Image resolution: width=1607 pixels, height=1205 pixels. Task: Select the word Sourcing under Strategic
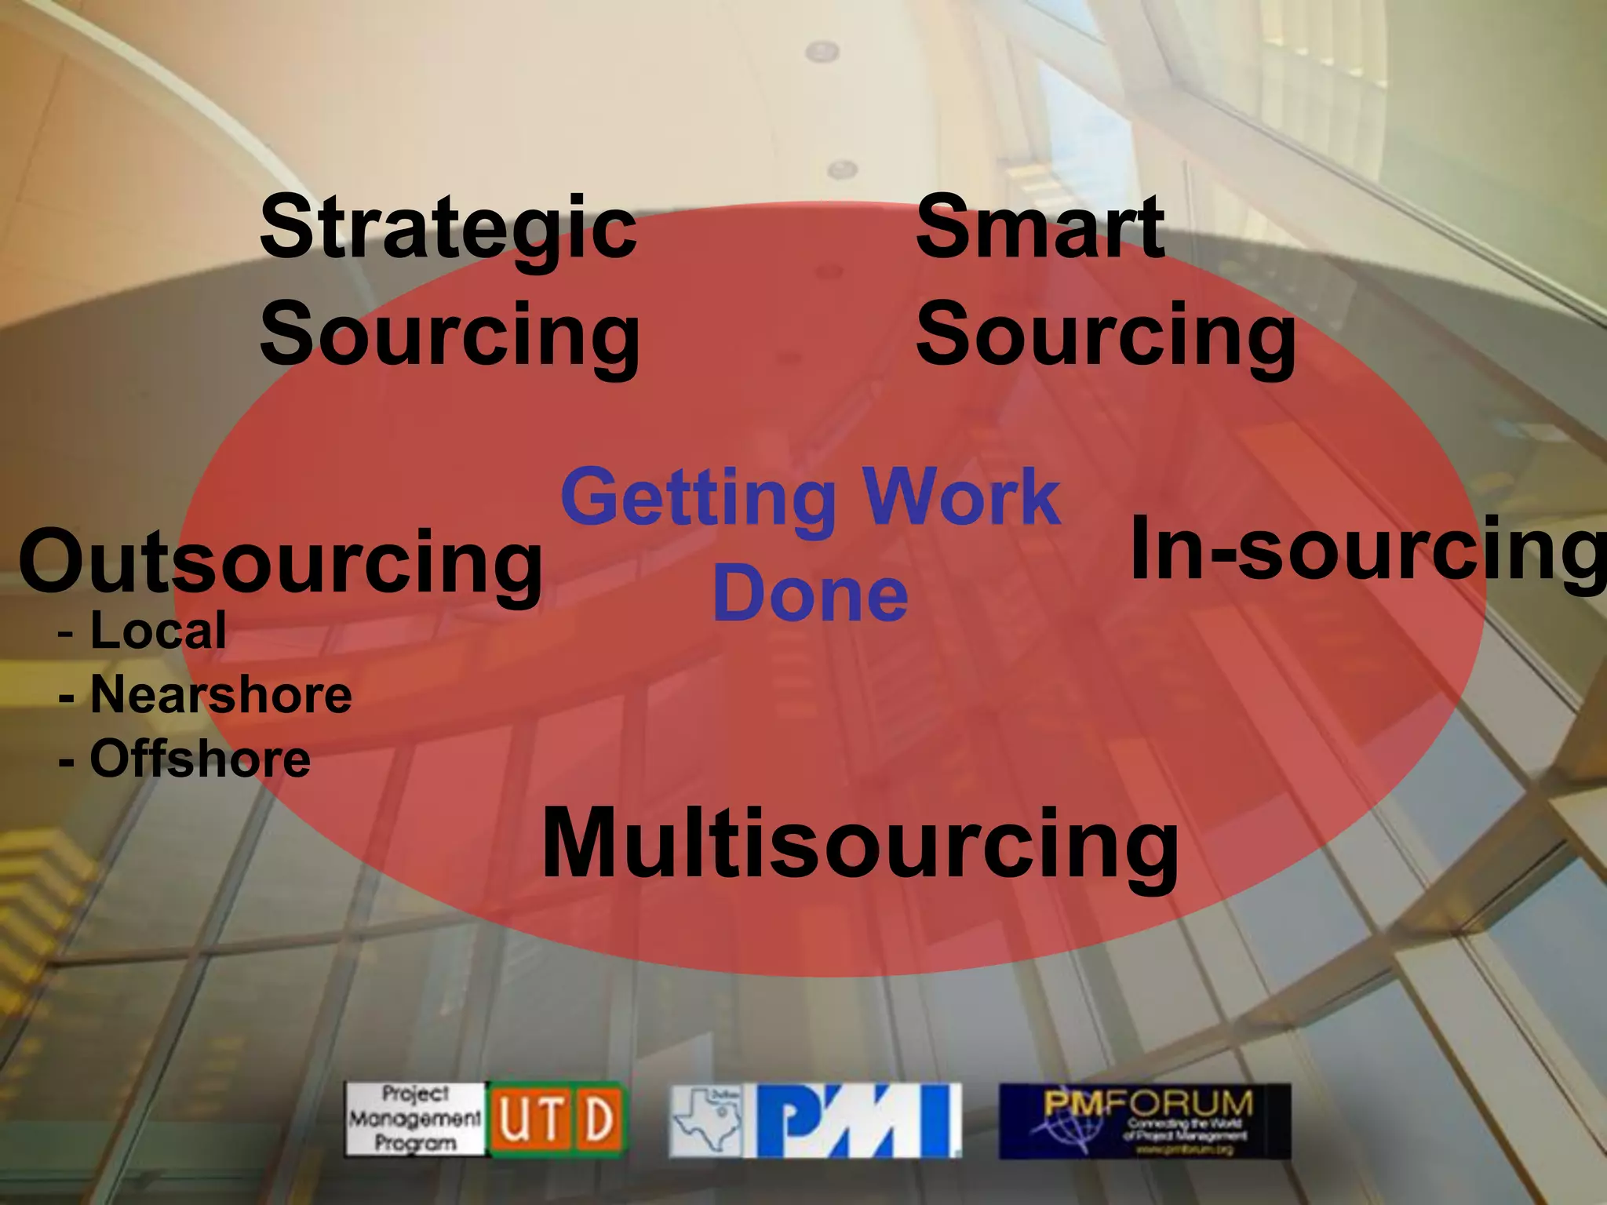[x=450, y=336]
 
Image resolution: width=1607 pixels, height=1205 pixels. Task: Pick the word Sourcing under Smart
[x=1106, y=336]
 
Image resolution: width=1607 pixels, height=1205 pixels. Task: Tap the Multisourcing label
[x=859, y=846]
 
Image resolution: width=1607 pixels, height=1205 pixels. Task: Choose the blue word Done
[x=810, y=595]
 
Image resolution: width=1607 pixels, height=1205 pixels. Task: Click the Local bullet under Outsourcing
[x=157, y=630]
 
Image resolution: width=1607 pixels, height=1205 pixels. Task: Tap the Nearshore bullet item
[x=220, y=695]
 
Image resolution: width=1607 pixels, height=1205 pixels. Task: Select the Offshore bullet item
[x=199, y=759]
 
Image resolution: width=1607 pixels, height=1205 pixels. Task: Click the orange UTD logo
[x=558, y=1119]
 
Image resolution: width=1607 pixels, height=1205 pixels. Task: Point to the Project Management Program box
[x=415, y=1119]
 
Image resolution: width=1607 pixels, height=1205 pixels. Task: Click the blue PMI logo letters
[x=858, y=1120]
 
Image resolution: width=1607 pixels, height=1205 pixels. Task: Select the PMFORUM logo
[x=1144, y=1119]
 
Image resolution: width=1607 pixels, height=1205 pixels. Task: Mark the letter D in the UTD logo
[x=599, y=1119]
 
